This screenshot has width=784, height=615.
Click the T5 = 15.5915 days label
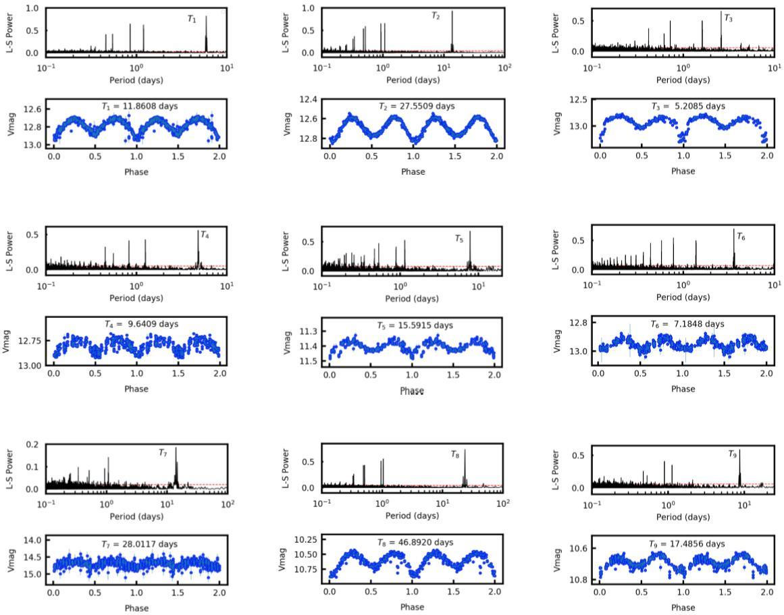(x=415, y=325)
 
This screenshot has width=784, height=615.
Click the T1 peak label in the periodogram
(x=192, y=19)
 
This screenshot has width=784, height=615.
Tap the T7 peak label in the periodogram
(x=163, y=453)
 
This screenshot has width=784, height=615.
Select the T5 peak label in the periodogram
(x=459, y=239)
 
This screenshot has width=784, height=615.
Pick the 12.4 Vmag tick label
(x=308, y=100)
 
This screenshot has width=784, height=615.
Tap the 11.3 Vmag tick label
(x=308, y=331)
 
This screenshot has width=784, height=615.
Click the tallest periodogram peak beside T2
(x=452, y=12)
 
